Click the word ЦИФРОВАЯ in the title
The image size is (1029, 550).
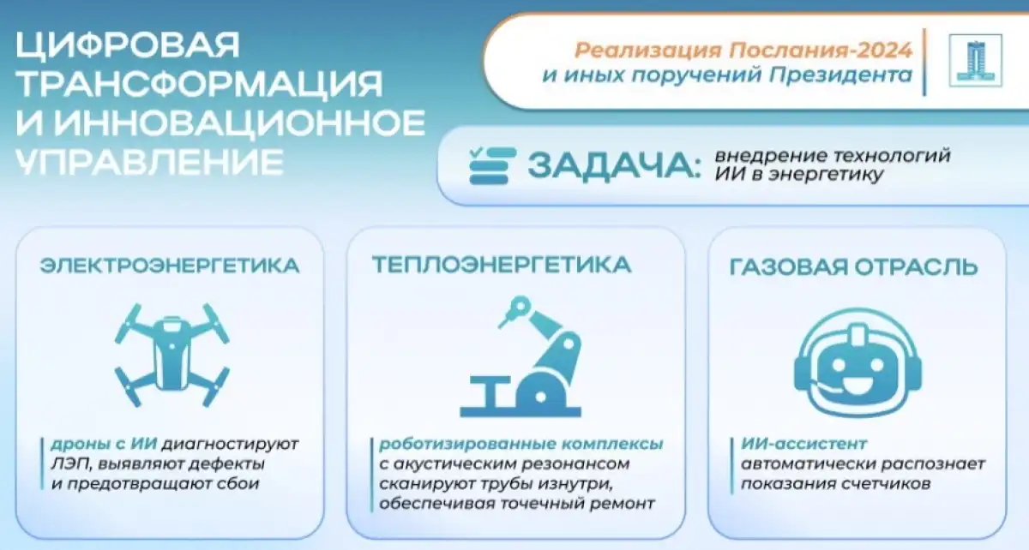(128, 45)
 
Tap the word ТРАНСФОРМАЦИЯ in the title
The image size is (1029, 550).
(199, 85)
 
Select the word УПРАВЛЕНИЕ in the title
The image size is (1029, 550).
(150, 162)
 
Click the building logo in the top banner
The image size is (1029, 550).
(976, 61)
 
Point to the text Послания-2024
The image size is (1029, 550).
(820, 50)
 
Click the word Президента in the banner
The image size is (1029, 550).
(840, 75)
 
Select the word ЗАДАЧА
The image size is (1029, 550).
(615, 165)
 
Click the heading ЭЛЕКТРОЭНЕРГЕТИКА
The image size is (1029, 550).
(170, 266)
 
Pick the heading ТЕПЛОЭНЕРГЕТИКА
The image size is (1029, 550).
(502, 266)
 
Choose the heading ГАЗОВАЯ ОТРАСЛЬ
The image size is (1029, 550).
(854, 267)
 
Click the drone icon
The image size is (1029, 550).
(171, 355)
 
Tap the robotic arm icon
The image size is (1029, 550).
(521, 356)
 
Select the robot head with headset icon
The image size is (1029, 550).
(857, 362)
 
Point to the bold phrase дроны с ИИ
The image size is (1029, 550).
(104, 444)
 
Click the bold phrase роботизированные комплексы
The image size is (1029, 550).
(521, 444)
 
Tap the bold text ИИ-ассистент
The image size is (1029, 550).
(804, 444)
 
